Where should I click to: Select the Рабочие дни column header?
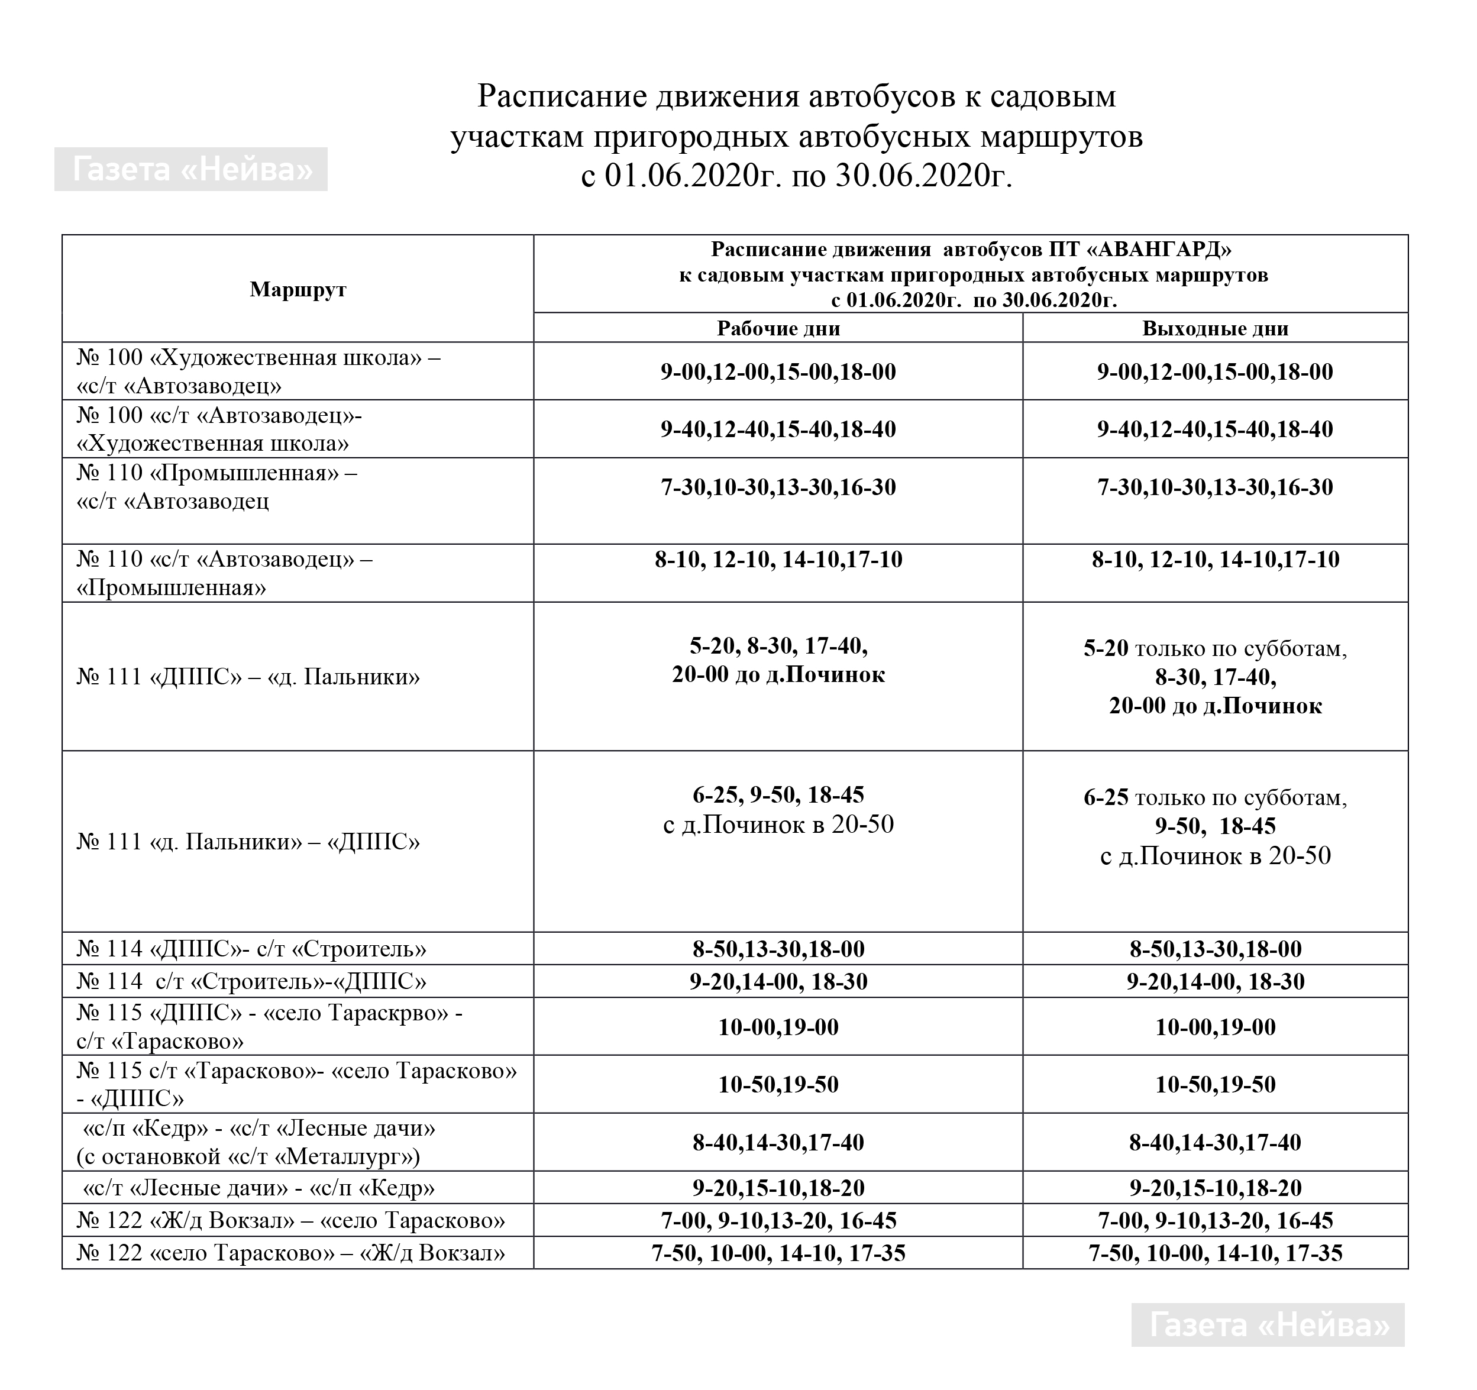click(778, 328)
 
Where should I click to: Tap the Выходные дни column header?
click(1215, 328)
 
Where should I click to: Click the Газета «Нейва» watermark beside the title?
click(191, 169)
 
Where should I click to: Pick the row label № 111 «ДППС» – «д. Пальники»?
click(248, 677)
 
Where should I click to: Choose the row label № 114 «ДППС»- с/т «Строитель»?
click(251, 949)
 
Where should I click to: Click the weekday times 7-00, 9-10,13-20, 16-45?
click(778, 1221)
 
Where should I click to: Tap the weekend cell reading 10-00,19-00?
click(1215, 1027)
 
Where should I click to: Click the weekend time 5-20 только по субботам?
click(1215, 648)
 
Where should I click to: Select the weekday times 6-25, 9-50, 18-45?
click(778, 795)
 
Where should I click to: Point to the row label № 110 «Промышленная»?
click(216, 473)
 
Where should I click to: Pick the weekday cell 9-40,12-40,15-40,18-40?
click(778, 429)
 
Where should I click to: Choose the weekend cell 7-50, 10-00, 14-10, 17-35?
click(1215, 1253)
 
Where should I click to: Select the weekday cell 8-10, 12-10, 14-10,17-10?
click(778, 559)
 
